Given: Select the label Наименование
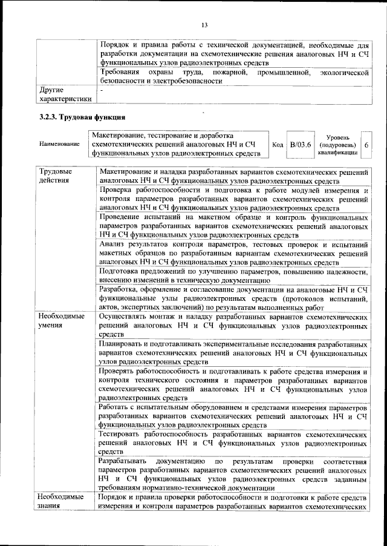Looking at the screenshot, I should pyautogui.click(x=59, y=145).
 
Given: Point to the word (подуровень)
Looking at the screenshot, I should pyautogui.click(x=337, y=146).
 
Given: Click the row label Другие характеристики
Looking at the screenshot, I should pyautogui.click(x=64, y=94).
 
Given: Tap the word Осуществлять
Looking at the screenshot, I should pyautogui.click(x=126, y=316).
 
